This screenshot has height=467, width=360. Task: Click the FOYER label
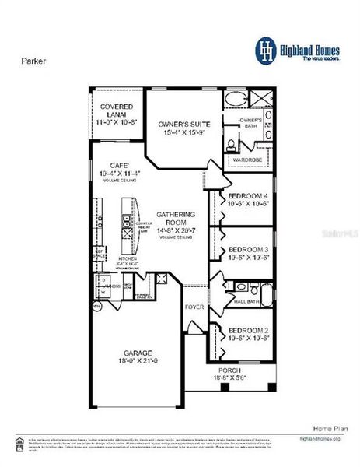point(194,307)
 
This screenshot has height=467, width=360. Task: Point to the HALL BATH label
point(247,300)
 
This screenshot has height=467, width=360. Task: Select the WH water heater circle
point(97,306)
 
